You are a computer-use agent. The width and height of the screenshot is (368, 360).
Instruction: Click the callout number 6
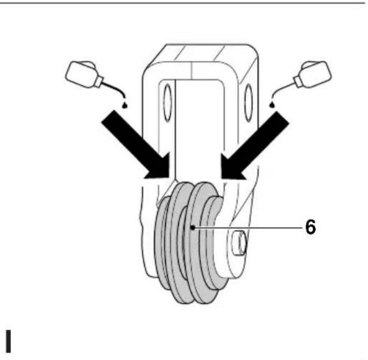(x=310, y=227)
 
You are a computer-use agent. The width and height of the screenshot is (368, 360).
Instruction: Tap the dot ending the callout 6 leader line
(x=193, y=227)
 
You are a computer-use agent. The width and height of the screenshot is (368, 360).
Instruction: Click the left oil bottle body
(x=81, y=74)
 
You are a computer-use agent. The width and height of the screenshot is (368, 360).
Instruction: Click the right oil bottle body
(x=316, y=74)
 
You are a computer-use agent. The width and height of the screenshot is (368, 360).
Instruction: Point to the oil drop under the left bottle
(x=125, y=105)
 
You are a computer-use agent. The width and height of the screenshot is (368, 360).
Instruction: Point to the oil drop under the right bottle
(x=272, y=105)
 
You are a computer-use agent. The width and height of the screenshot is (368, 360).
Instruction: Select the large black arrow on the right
(x=255, y=145)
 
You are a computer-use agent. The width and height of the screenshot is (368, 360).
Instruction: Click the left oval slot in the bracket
(x=167, y=103)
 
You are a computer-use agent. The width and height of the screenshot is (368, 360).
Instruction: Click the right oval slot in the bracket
(x=249, y=103)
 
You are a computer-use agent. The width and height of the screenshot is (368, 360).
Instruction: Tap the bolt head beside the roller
(x=239, y=243)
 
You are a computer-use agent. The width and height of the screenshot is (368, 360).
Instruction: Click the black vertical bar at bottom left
(x=8, y=341)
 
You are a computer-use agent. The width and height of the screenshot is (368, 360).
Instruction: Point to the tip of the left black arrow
(x=168, y=178)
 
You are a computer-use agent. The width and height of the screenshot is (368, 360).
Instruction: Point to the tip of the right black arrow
(x=222, y=178)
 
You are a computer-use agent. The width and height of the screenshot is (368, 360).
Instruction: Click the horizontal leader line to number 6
(x=249, y=227)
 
